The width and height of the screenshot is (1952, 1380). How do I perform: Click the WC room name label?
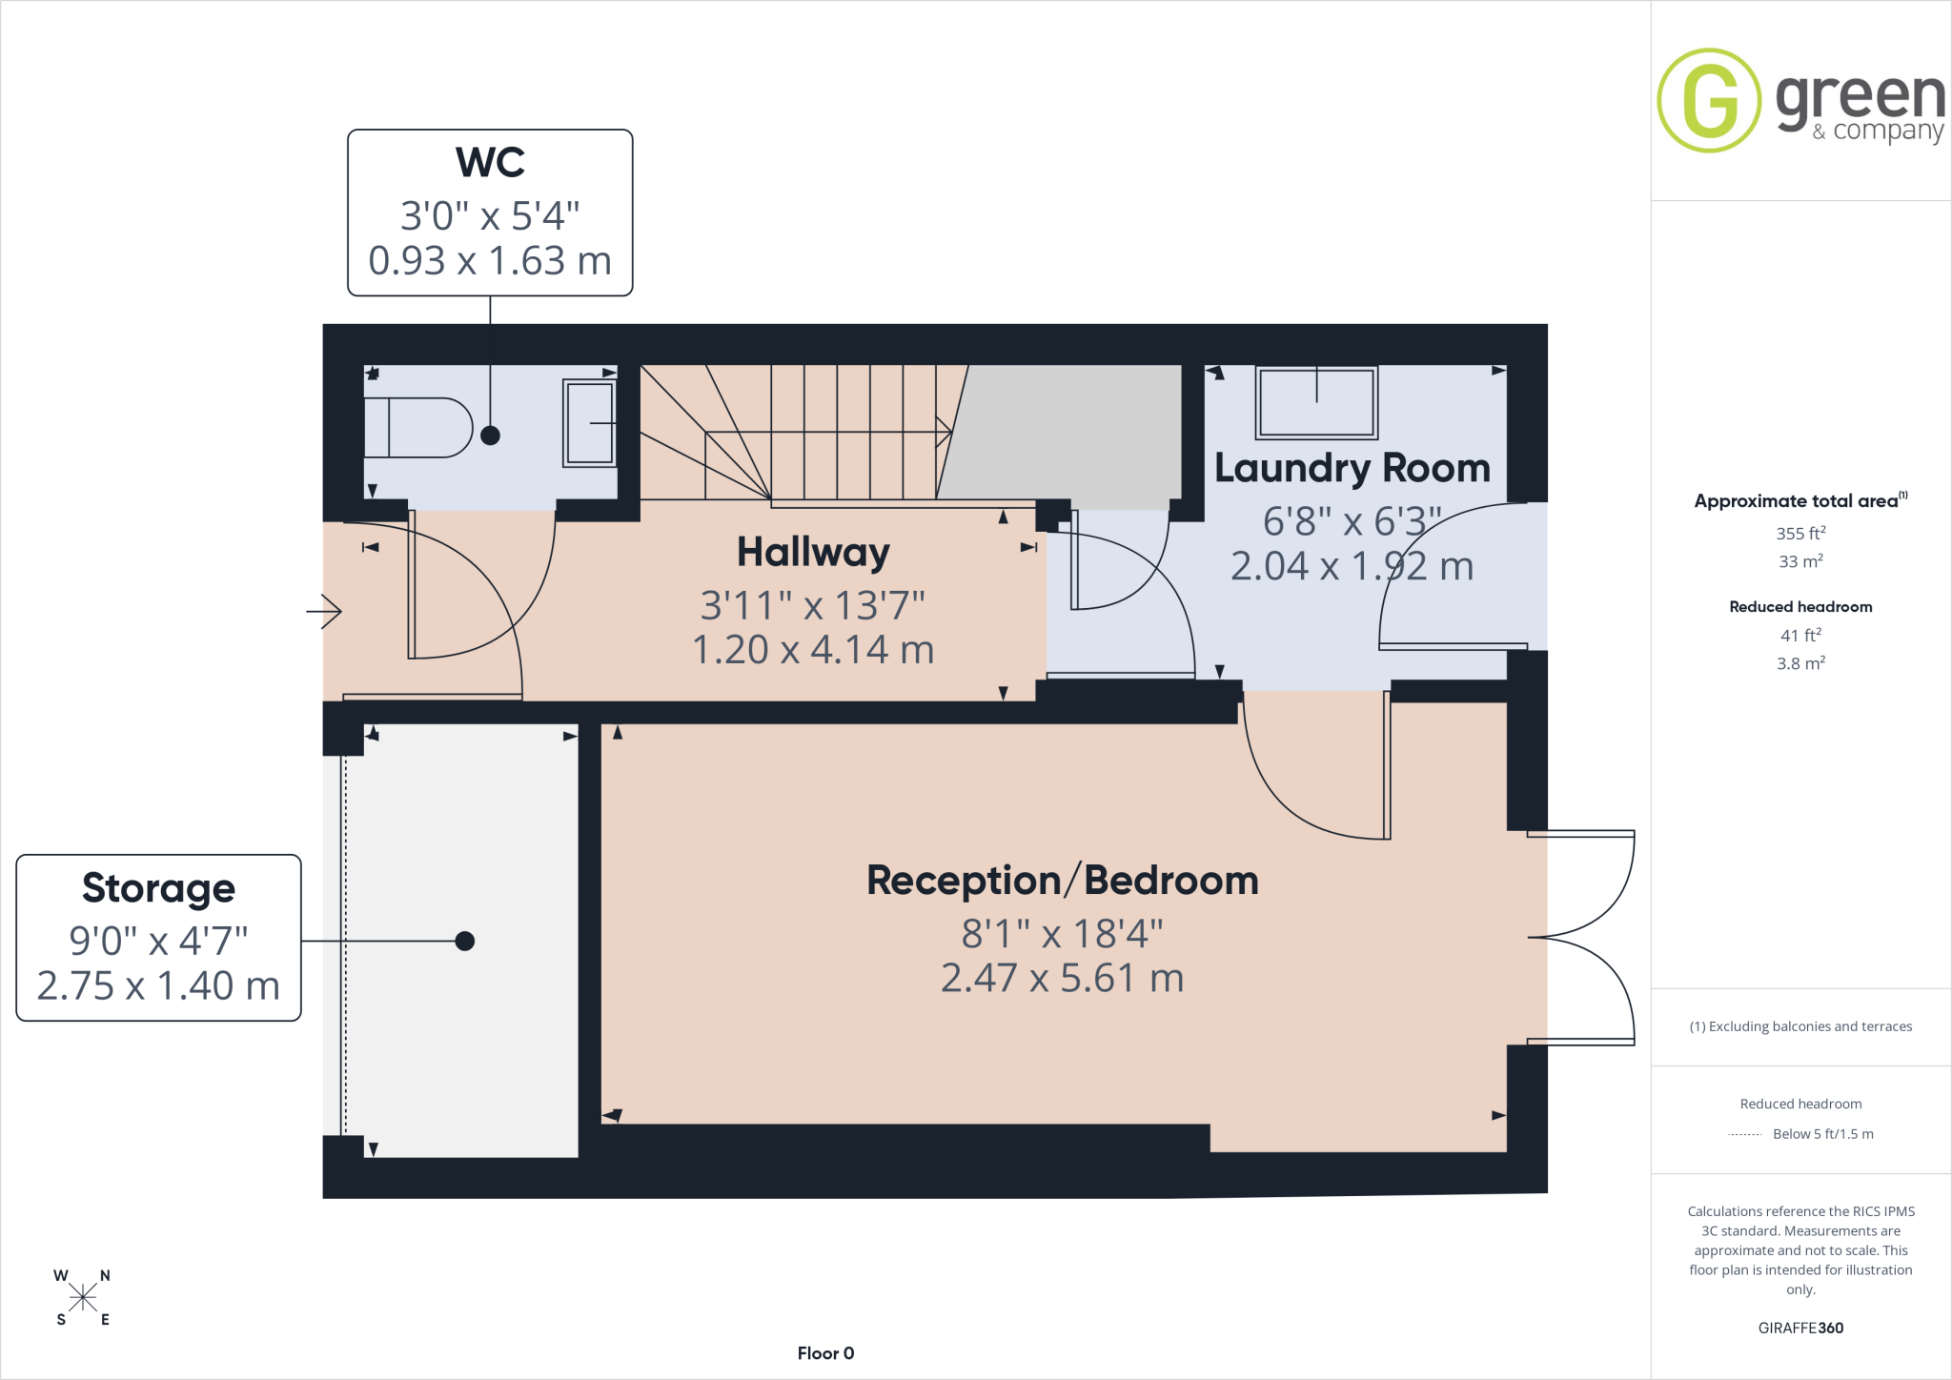490,162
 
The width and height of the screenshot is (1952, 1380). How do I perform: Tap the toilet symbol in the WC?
418,428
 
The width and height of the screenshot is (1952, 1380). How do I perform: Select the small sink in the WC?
590,422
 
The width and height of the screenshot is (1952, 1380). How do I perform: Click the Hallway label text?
813,553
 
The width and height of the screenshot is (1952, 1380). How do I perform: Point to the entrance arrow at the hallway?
324,611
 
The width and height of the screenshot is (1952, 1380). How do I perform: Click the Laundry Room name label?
1352,468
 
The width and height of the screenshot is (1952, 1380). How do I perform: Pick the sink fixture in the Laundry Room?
1316,402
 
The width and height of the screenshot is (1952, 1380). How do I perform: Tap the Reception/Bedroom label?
1062,881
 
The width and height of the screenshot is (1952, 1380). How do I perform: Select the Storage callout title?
158,888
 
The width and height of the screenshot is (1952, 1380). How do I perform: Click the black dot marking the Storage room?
465,942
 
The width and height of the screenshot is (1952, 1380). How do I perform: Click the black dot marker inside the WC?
490,436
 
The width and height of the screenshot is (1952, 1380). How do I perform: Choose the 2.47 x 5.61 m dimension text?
1062,978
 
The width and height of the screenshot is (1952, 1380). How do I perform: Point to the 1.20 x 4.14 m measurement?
813,650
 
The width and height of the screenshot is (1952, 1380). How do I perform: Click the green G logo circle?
1709,100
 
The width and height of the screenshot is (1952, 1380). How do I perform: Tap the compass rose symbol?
83,1297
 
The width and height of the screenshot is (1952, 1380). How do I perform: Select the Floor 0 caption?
825,1353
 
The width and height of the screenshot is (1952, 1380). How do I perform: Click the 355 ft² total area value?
1800,533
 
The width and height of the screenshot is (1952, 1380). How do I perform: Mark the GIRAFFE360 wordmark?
1800,1328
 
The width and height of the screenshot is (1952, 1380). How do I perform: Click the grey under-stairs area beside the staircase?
1067,435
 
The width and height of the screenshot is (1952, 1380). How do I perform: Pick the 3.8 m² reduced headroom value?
1800,662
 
